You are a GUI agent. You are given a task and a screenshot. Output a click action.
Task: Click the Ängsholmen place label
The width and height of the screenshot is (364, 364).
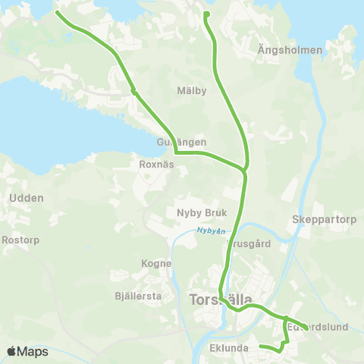290,50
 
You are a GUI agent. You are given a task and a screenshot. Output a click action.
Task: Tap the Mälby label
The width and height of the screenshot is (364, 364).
192,91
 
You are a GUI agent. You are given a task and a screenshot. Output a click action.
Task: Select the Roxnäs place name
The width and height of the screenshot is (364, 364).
158,163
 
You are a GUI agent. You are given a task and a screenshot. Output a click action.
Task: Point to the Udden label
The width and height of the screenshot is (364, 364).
27,198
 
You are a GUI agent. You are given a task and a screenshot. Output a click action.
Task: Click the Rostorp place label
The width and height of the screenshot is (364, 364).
20,240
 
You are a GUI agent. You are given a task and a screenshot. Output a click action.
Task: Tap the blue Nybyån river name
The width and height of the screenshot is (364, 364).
212,231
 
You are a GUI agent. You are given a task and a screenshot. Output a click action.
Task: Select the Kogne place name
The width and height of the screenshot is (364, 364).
157,263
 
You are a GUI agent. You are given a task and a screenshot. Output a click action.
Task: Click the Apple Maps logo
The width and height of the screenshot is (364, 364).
27,352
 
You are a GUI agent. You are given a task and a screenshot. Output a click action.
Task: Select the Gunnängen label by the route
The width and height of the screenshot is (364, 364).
182,142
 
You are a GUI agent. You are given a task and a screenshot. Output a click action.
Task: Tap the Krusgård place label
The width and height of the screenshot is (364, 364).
249,245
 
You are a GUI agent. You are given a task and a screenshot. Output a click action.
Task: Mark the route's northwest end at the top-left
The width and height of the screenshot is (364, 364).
58,12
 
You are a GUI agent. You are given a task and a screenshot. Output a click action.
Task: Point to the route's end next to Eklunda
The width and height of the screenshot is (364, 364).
261,347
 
